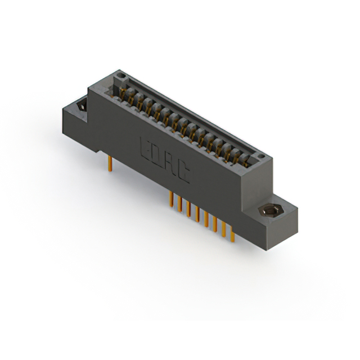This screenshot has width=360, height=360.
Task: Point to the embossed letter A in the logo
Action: [x=169, y=167]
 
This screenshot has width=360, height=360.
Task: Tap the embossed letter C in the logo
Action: [x=183, y=176]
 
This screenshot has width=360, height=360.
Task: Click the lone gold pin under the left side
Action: [x=110, y=163]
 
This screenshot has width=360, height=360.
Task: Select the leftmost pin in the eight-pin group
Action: [x=172, y=199]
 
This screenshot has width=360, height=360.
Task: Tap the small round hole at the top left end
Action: [x=119, y=74]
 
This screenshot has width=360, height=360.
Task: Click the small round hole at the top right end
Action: [x=260, y=154]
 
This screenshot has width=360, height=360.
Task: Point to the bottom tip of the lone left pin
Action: [x=110, y=169]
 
